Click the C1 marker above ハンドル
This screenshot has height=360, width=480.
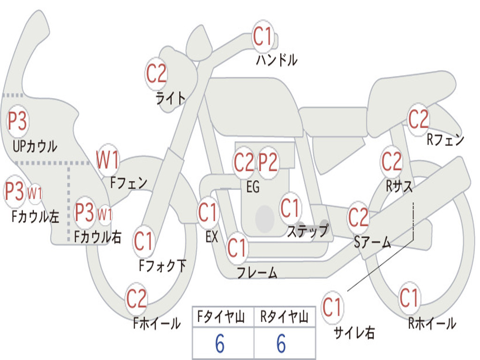[x=263, y=37]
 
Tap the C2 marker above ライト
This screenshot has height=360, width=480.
[x=156, y=74]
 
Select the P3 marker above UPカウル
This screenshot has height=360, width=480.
[x=17, y=121]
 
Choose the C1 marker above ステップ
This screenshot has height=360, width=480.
[x=290, y=209]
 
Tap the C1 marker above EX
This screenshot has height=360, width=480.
[x=208, y=213]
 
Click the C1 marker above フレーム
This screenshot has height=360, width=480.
[x=237, y=248]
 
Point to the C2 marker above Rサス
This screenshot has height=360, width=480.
[x=391, y=162]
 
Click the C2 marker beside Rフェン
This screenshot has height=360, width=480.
[x=419, y=120]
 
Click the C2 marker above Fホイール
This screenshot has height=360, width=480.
[x=137, y=299]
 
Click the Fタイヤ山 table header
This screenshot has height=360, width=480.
[x=223, y=318]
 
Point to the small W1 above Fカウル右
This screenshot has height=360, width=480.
[x=105, y=215]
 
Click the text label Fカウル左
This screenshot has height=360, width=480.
[x=36, y=216]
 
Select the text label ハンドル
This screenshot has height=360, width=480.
[x=277, y=60]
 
